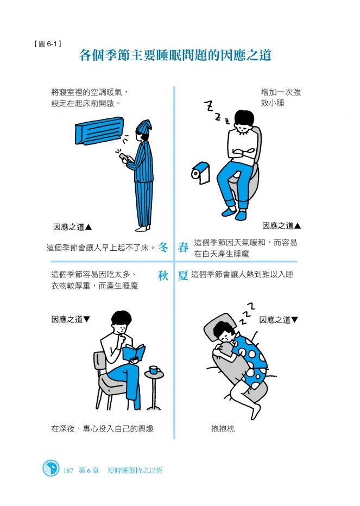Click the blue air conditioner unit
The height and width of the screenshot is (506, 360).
coord(99,130)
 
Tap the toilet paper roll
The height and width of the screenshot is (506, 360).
coord(200,173)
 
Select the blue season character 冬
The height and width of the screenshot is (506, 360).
coord(163,248)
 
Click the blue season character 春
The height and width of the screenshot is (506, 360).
coord(183,248)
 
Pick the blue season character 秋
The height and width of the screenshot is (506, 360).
coord(163,276)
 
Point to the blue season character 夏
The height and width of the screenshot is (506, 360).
coord(183,276)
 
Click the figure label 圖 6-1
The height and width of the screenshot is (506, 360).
coord(47,44)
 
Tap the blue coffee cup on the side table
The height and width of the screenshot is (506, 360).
coord(154,370)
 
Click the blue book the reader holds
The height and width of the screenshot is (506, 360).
coord(134,353)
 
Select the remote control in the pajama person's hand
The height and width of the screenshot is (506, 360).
coord(123,156)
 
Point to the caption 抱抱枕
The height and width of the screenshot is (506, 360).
coord(223,428)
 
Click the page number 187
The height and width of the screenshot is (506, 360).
coord(68,471)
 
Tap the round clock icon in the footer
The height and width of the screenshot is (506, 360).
coord(51,468)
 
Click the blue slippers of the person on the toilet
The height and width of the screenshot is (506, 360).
coord(235,213)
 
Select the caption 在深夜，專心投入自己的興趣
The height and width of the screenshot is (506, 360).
coord(102,428)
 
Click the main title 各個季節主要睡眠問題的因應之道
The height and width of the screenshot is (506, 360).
coord(175,55)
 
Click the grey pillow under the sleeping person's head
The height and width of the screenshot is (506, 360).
coord(219,327)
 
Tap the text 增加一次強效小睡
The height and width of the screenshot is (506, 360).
coord(281,98)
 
